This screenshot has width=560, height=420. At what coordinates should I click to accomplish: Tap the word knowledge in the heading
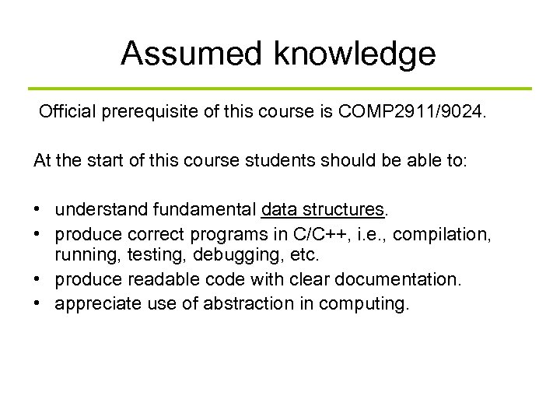tap(355, 54)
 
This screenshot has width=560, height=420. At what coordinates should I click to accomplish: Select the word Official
tap(66, 114)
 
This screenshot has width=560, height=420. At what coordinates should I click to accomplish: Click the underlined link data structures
tap(324, 209)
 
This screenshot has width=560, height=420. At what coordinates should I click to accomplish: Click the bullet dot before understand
tap(38, 210)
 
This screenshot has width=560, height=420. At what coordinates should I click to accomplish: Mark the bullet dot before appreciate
tap(38, 303)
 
